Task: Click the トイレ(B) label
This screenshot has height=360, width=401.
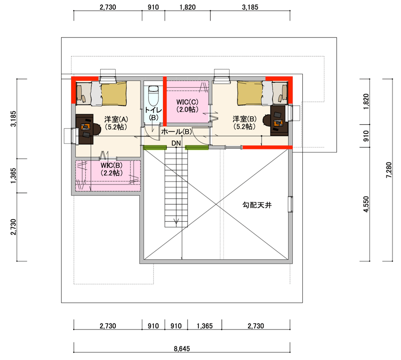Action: (153, 114)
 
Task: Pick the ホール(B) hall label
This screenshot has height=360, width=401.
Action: (176, 132)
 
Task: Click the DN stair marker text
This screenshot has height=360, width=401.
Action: (176, 143)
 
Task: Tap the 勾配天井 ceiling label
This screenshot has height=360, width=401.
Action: (257, 205)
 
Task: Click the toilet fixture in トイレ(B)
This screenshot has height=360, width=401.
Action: (153, 96)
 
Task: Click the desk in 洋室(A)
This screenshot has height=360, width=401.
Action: (84, 129)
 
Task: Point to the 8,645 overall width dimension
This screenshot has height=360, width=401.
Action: (182, 349)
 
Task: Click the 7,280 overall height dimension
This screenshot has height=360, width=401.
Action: (389, 170)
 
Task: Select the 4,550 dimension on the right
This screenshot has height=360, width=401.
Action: (366, 204)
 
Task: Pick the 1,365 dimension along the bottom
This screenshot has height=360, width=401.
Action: (205, 326)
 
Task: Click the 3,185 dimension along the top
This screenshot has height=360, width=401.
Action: (250, 7)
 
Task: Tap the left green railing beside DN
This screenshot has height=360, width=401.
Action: (155, 147)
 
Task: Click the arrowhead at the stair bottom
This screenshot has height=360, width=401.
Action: (176, 221)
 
